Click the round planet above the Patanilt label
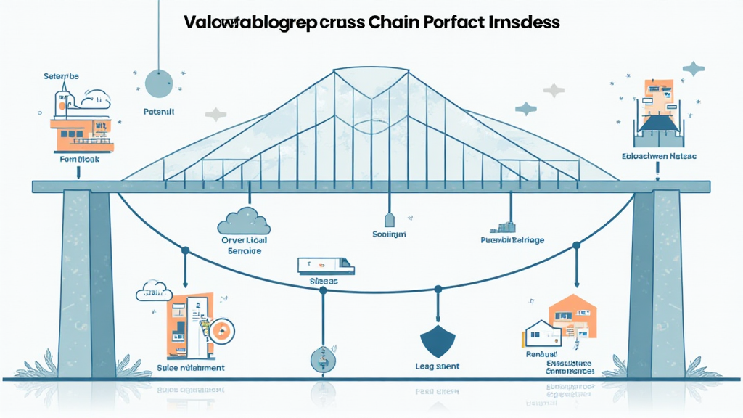pos(158,83)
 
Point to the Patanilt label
pos(158,113)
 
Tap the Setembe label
pos(61,75)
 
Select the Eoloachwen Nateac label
pos(659,156)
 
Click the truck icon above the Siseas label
pos(326,266)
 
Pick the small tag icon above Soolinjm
pos(388,219)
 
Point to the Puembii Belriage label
pos(513,239)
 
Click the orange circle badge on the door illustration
pos(223,331)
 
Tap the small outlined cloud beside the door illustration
pos(153,292)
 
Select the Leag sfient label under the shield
pos(438,367)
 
